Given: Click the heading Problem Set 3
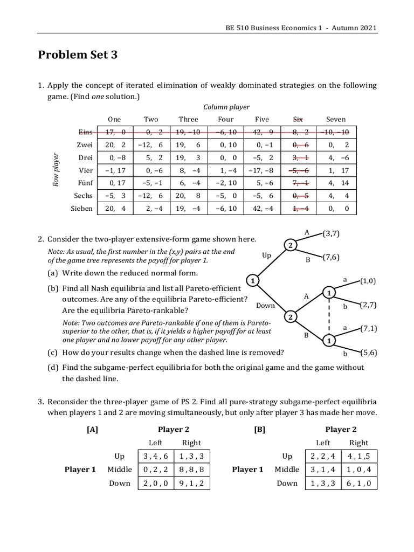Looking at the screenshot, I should (x=78, y=54).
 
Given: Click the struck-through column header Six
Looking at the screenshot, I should (x=298, y=119).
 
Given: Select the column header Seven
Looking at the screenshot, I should (x=336, y=119).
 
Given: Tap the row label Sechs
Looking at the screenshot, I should (x=83, y=196).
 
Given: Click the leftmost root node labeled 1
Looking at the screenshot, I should (x=251, y=280).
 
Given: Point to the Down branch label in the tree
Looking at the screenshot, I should (x=266, y=306).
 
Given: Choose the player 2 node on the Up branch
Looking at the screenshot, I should (x=290, y=246).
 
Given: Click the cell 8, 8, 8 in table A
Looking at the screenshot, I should (x=191, y=470).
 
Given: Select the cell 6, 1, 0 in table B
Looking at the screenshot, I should (x=359, y=483).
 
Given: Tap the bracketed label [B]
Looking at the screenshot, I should (x=259, y=429).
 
